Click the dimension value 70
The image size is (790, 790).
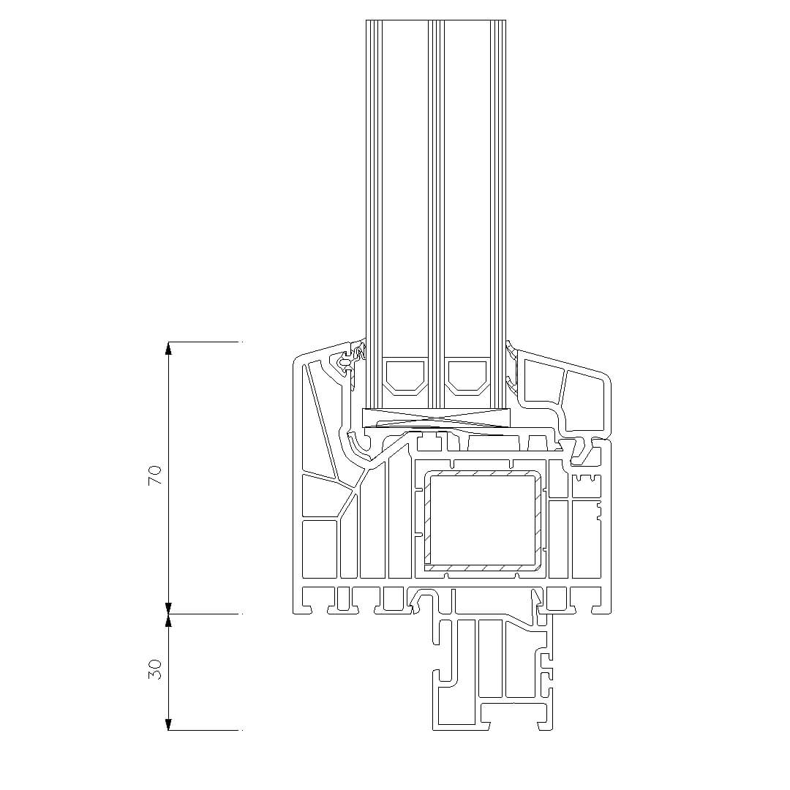156,475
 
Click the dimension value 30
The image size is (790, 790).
156,669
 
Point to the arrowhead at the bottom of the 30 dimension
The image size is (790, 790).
169,723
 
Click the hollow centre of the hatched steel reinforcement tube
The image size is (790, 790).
484,519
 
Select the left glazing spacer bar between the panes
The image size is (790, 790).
405,375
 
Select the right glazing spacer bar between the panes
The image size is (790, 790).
468,375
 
